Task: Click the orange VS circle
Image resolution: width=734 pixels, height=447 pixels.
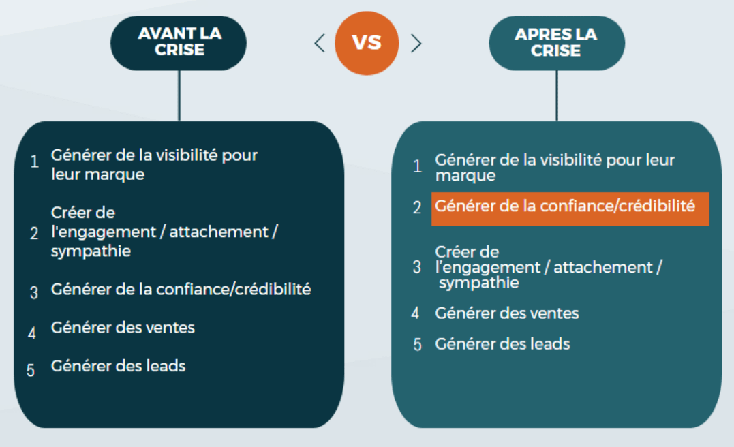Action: [367, 43]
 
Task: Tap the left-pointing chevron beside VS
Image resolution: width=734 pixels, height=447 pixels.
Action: [320, 44]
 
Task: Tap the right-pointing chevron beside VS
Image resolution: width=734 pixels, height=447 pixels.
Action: [416, 44]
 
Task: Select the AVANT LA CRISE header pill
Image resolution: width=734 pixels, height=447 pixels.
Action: [179, 43]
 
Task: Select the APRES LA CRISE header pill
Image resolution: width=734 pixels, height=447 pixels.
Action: [557, 43]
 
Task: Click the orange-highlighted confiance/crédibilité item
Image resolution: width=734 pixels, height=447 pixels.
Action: [570, 209]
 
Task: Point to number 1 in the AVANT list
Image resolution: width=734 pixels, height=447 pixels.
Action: [34, 161]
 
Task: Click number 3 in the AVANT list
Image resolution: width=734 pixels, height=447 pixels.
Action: [33, 292]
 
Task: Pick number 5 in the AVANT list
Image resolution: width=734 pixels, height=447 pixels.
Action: [31, 370]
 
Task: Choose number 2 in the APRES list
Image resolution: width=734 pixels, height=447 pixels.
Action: [416, 207]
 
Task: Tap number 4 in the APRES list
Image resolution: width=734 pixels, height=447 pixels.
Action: [415, 313]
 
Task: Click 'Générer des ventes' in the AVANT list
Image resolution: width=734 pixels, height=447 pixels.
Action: [123, 328]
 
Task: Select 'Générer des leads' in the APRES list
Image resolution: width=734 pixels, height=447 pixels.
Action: [502, 344]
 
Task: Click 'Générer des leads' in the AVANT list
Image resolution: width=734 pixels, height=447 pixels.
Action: [119, 366]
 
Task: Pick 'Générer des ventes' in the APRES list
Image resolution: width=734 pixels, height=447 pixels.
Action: [507, 313]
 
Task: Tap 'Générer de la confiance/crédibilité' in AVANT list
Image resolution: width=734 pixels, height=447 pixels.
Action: [181, 290]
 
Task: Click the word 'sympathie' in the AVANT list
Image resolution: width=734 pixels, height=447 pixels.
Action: [91, 251]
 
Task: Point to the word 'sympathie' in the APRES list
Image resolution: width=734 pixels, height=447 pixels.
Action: [479, 283]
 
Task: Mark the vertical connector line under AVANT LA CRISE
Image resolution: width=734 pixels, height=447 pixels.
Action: [179, 96]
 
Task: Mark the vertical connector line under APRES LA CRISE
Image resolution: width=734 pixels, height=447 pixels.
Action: [557, 96]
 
